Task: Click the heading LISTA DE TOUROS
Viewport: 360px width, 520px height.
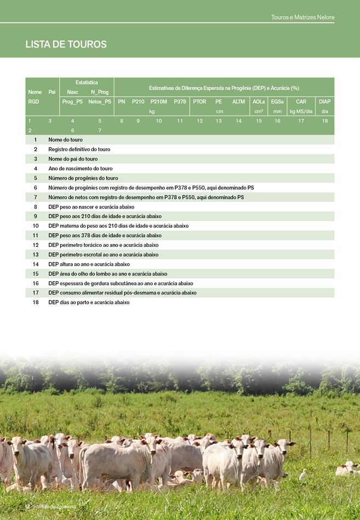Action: click(x=66, y=44)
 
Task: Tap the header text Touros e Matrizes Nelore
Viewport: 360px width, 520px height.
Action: click(x=303, y=18)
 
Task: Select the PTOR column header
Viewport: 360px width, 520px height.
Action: click(x=200, y=101)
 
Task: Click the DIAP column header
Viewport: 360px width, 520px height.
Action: click(x=324, y=101)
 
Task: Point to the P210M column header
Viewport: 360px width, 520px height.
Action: click(x=159, y=101)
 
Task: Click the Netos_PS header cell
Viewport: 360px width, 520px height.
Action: click(x=100, y=101)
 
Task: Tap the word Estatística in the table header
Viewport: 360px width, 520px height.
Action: click(x=86, y=82)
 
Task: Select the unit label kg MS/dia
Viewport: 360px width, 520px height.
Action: click(x=301, y=111)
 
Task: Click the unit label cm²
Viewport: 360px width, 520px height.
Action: click(x=259, y=111)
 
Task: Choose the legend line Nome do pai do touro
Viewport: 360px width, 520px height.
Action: click(x=73, y=159)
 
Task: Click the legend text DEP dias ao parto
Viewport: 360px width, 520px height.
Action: click(x=89, y=302)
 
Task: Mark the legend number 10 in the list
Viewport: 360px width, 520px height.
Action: click(x=36, y=226)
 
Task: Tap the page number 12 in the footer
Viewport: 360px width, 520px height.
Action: click(x=27, y=506)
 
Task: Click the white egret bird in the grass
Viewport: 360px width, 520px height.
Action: click(x=303, y=475)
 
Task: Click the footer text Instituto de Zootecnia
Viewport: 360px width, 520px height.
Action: click(x=55, y=506)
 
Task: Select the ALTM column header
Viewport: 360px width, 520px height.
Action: click(x=239, y=101)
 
